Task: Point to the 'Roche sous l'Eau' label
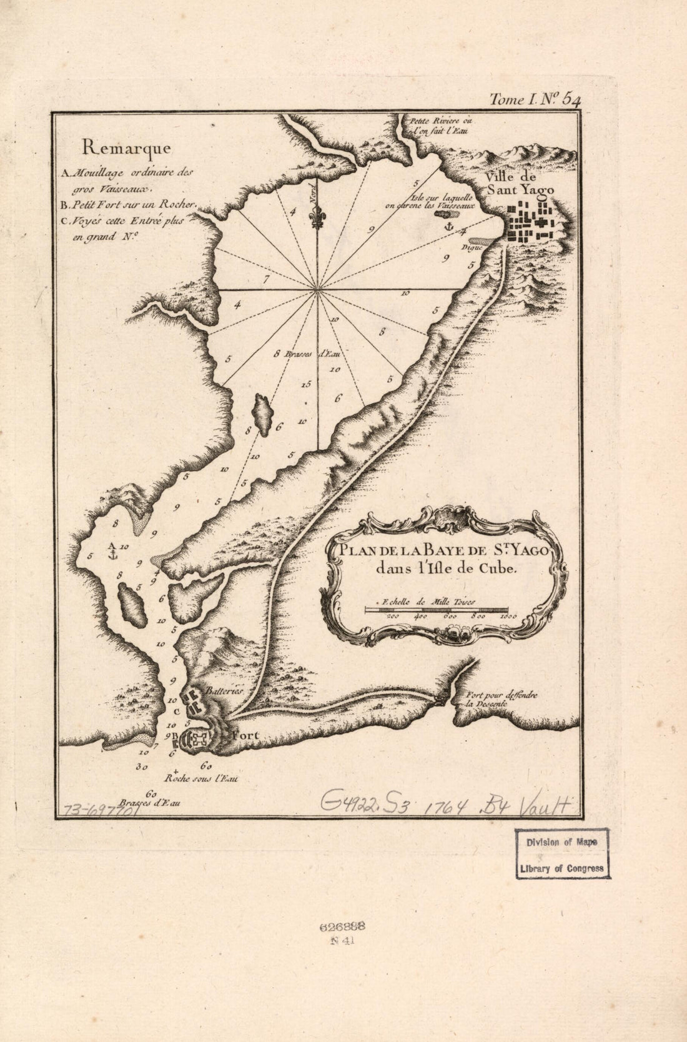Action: (x=201, y=779)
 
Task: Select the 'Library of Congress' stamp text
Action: (x=562, y=868)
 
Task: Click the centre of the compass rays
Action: (x=317, y=290)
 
